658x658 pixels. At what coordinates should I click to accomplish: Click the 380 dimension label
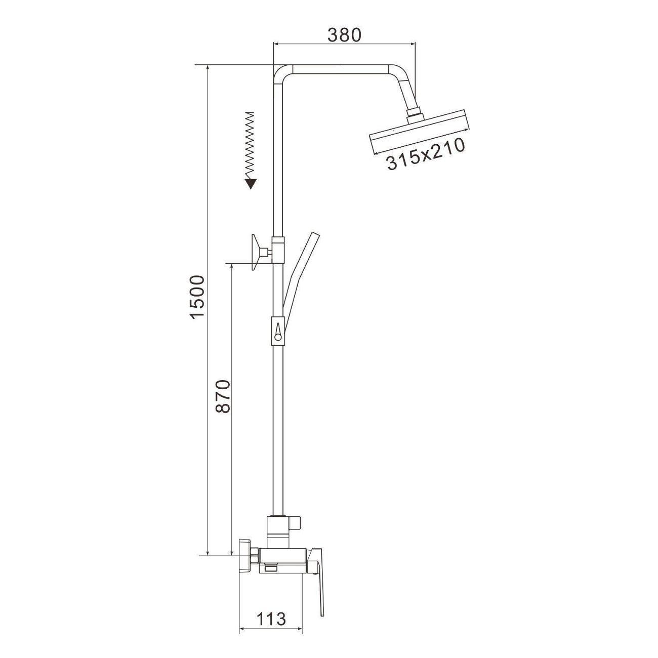pos(344,35)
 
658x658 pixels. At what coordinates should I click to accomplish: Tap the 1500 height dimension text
pos(198,297)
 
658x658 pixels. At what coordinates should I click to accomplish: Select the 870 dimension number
pos(224,396)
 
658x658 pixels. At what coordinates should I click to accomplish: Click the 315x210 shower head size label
pos(426,153)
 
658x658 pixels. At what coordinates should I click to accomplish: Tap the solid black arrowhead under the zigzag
pos(251,183)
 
